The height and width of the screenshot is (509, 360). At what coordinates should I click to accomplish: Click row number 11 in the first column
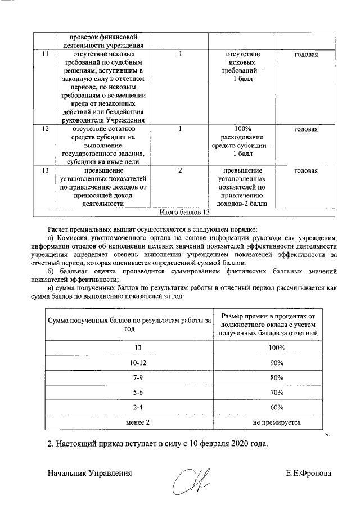pos(44,55)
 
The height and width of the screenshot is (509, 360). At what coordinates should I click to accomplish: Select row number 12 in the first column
pos(44,129)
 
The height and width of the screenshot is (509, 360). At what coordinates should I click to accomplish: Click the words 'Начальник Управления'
pos(90,473)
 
